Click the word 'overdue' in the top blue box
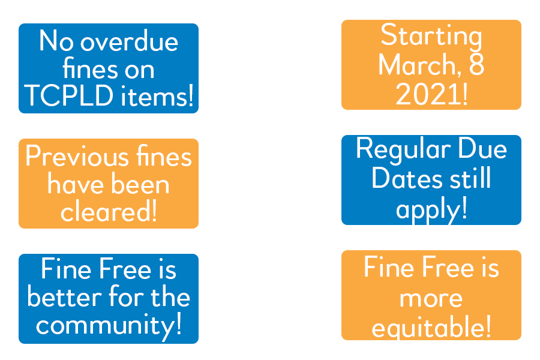tap(129, 41)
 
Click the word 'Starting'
tap(431, 37)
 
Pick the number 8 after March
tap(476, 64)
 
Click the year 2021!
tap(431, 94)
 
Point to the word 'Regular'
tap(403, 150)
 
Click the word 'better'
tap(64, 296)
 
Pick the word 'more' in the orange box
tap(431, 299)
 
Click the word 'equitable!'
tap(431, 326)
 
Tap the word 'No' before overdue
tap(56, 41)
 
